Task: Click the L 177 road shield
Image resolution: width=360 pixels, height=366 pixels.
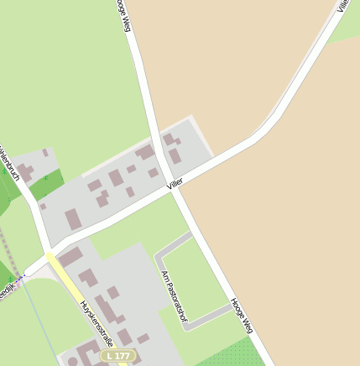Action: (x=117, y=356)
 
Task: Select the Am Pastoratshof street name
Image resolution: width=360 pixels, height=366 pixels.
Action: (x=172, y=297)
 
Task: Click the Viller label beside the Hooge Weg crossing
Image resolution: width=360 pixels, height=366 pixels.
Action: (x=175, y=183)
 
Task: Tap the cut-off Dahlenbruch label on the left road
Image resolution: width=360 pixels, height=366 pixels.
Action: (x=8, y=164)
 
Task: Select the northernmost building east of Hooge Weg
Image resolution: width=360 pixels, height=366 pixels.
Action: (x=169, y=139)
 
